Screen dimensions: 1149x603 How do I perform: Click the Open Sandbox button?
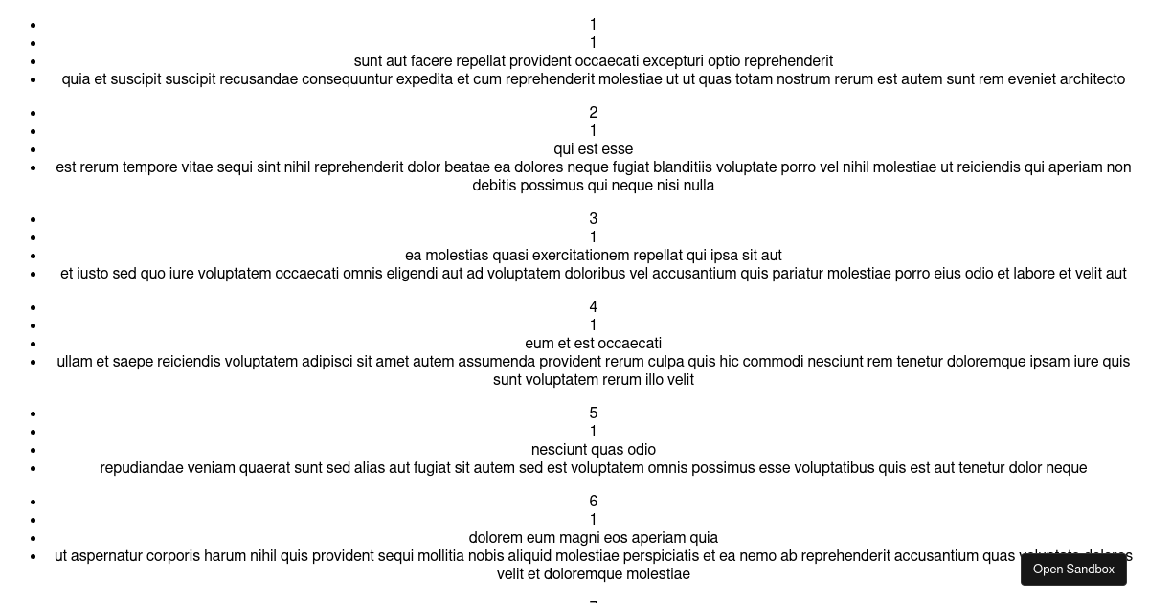click(x=1073, y=569)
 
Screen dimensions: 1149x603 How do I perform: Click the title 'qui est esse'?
click(x=593, y=149)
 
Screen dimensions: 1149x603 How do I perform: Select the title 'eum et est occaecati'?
click(x=593, y=343)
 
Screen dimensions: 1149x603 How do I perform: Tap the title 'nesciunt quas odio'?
click(x=593, y=450)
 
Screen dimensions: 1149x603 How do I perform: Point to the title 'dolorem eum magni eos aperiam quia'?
click(x=593, y=537)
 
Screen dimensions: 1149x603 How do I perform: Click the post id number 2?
click(x=593, y=112)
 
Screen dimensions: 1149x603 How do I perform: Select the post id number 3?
click(x=593, y=219)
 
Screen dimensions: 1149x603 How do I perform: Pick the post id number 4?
click(x=593, y=306)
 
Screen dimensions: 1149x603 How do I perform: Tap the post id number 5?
click(x=593, y=413)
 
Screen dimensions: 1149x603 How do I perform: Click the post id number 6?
click(x=593, y=501)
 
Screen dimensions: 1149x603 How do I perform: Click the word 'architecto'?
click(x=1093, y=79)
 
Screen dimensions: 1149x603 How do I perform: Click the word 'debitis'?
click(x=494, y=186)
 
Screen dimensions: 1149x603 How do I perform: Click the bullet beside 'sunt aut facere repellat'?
click(x=34, y=61)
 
